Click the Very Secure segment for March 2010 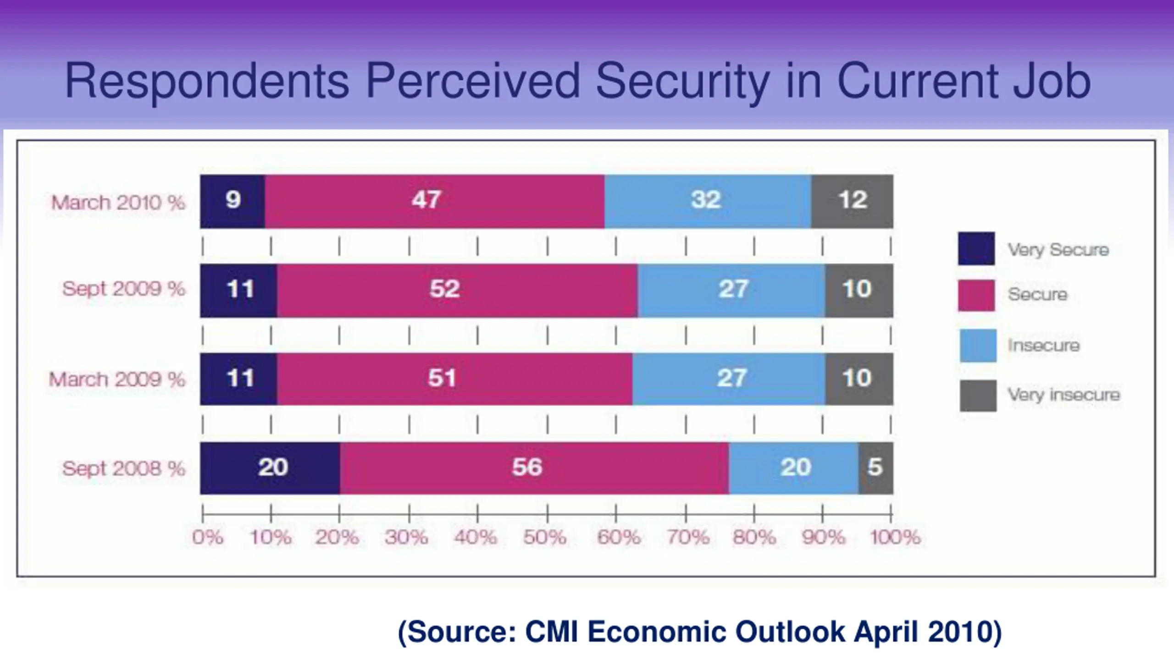click(x=233, y=201)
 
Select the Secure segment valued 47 click(x=434, y=201)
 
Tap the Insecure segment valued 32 click(x=708, y=201)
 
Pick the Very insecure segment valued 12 click(x=852, y=201)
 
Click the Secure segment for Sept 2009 click(x=457, y=290)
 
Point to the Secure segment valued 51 click(x=454, y=379)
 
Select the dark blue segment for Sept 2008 click(x=270, y=468)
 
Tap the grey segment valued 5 click(x=875, y=468)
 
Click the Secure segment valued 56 click(x=534, y=468)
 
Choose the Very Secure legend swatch click(x=976, y=249)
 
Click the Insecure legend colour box click(x=978, y=346)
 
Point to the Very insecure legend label click(x=1063, y=395)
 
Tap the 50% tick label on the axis click(x=545, y=537)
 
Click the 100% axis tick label click(x=895, y=537)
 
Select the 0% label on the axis click(x=208, y=537)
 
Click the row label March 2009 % click(x=117, y=379)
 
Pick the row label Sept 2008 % click(x=124, y=468)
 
